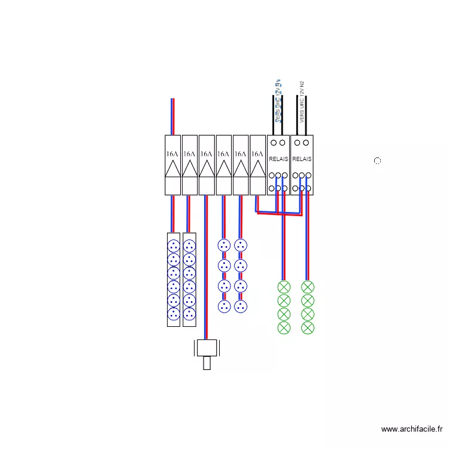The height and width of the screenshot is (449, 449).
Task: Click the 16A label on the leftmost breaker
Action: pyautogui.click(x=172, y=154)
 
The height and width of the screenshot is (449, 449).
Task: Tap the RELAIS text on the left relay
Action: pyautogui.click(x=278, y=160)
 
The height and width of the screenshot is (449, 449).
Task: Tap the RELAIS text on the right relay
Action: pyautogui.click(x=302, y=160)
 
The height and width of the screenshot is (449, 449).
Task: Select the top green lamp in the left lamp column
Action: pyautogui.click(x=284, y=287)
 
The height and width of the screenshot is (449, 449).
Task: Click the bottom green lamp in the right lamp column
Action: pyautogui.click(x=308, y=327)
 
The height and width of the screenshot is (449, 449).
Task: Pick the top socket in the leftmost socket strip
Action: pyautogui.click(x=174, y=245)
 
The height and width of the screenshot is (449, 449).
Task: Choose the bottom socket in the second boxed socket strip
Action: pyautogui.click(x=189, y=314)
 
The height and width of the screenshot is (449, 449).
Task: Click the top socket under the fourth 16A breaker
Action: pyautogui.click(x=224, y=245)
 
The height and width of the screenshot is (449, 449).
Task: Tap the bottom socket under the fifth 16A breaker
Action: pyautogui.click(x=241, y=307)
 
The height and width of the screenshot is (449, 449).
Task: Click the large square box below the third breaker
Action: pyautogui.click(x=207, y=348)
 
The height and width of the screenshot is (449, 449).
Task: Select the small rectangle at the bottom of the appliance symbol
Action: pyautogui.click(x=207, y=363)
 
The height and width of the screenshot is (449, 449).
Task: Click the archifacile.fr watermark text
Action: pyautogui.click(x=412, y=429)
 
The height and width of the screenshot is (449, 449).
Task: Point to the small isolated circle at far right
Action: pyautogui.click(x=377, y=161)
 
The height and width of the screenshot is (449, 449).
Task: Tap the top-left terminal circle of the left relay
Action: pyautogui.click(x=274, y=142)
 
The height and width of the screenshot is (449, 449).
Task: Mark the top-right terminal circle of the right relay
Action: pyautogui.click(x=306, y=142)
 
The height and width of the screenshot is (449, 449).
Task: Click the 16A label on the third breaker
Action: pyautogui.click(x=207, y=154)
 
